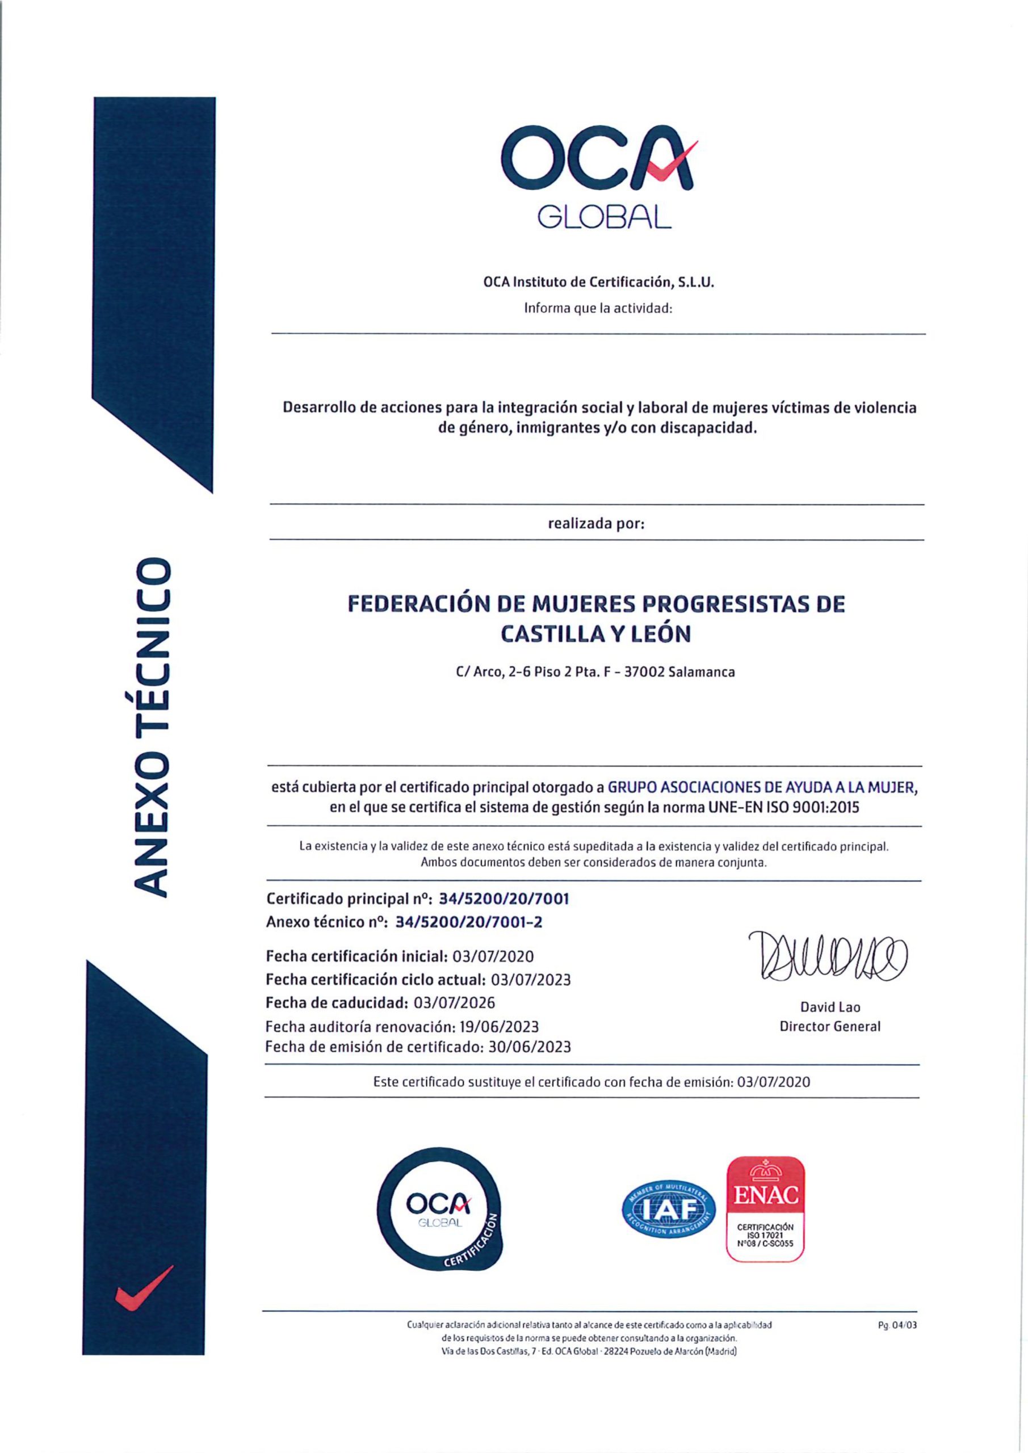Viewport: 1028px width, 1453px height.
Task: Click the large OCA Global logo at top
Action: (598, 175)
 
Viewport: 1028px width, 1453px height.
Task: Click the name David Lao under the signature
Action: (830, 1007)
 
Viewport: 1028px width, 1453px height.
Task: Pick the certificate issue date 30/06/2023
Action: (530, 1047)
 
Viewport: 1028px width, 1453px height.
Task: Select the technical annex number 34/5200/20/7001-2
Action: (468, 922)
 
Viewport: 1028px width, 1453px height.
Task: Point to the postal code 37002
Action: (644, 672)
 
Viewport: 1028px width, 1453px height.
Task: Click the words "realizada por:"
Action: (596, 524)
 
